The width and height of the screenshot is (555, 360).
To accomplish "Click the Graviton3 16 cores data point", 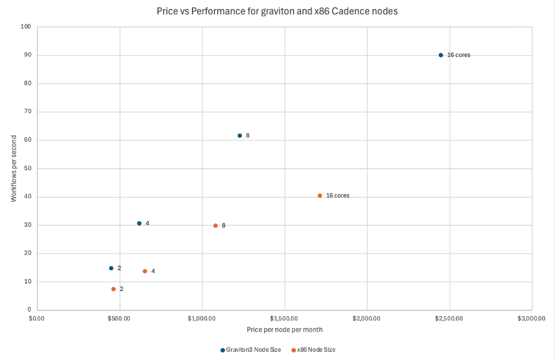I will point(441,55).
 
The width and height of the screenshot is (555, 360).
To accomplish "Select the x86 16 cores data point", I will point(320,196).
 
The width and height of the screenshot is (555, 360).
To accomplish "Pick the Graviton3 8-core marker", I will point(240,135).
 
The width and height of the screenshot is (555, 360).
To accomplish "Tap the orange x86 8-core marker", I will point(216,226).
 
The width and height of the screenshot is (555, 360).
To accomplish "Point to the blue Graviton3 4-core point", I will point(139,223).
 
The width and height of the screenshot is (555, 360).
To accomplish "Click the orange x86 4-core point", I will point(145,272).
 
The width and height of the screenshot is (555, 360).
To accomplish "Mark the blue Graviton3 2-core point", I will point(111,268).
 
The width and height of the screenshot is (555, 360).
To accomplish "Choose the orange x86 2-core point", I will point(114,289).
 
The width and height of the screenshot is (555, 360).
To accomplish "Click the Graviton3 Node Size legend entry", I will point(251,349).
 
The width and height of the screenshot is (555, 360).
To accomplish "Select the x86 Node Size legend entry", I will point(313,349).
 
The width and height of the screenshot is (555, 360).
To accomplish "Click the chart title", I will point(277,11).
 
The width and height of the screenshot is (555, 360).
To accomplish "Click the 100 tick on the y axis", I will point(26,27).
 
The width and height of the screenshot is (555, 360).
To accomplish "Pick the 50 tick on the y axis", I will point(28,169).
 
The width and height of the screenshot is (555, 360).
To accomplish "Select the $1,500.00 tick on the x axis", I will point(285,319).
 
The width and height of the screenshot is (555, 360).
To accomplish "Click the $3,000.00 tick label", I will point(532,319).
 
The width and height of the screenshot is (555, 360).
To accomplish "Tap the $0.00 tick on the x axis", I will point(37,319).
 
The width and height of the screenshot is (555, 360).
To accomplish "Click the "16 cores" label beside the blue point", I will point(458,55).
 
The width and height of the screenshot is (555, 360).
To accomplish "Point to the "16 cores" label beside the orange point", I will point(337,196).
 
